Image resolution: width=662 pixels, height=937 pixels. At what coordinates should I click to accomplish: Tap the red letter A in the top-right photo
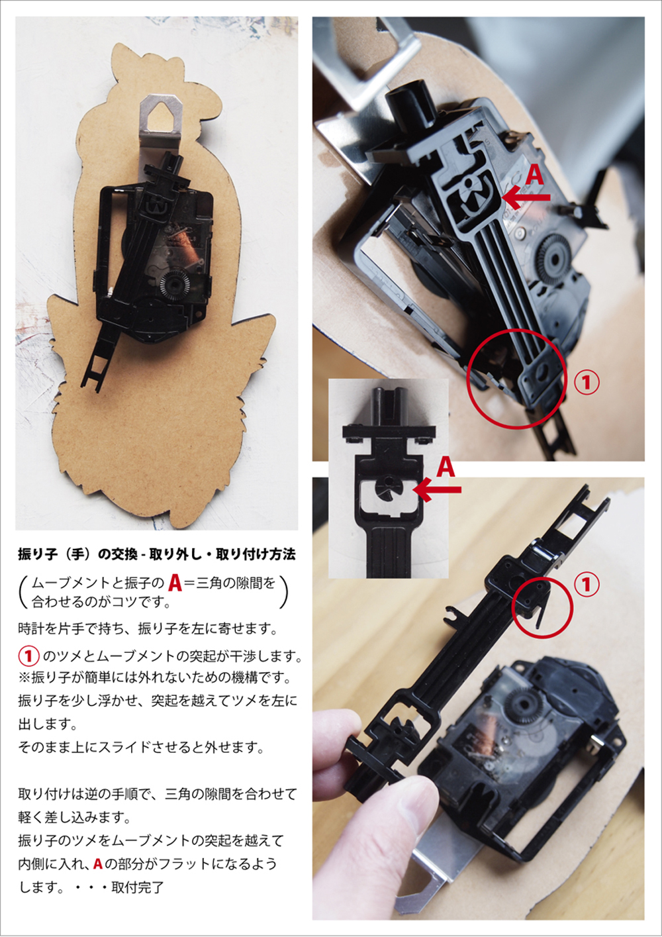(534, 175)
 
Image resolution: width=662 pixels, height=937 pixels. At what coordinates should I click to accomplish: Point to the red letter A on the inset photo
(446, 468)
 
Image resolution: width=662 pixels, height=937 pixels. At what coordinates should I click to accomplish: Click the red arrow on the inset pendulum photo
(439, 490)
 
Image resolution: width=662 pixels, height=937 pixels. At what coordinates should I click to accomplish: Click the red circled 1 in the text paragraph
(28, 656)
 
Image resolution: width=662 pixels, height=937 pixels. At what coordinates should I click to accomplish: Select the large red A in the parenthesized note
(175, 583)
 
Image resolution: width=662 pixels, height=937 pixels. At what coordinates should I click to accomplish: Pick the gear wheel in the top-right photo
(556, 256)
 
